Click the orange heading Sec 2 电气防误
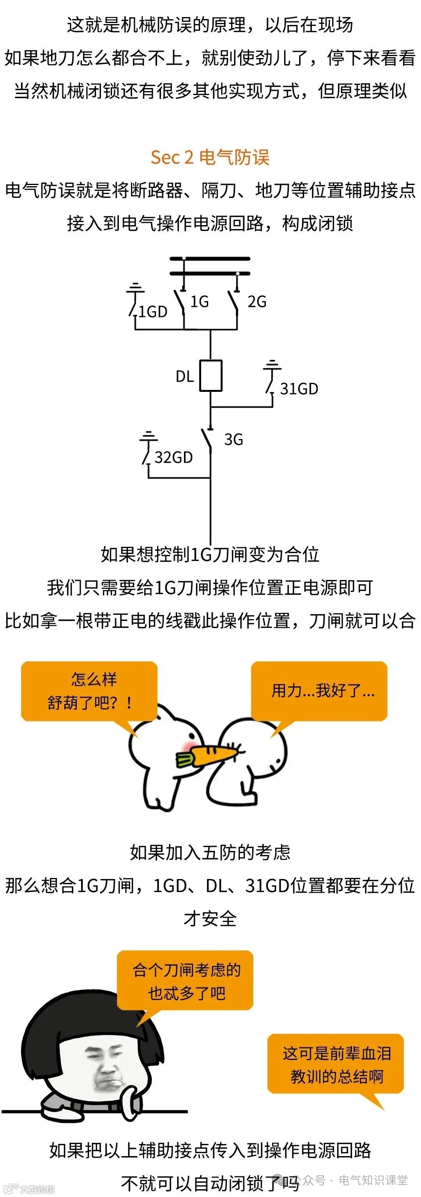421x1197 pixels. (210, 157)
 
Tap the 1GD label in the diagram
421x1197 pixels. (152, 312)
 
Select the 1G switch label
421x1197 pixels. (200, 302)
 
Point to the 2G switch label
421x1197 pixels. (257, 302)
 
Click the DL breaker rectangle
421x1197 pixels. (211, 375)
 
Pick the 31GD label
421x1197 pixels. (299, 389)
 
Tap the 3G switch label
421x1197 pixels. (233, 440)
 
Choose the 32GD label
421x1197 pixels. (173, 458)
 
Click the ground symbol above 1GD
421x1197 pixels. (135, 287)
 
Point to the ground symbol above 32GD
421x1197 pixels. (149, 437)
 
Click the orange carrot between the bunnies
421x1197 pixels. (212, 753)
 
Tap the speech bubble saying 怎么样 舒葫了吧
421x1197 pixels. (89, 691)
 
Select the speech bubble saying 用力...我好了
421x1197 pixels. (320, 691)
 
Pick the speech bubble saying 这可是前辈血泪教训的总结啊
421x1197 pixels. (335, 1065)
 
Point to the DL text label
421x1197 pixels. (185, 376)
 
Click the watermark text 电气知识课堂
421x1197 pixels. (373, 1180)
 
